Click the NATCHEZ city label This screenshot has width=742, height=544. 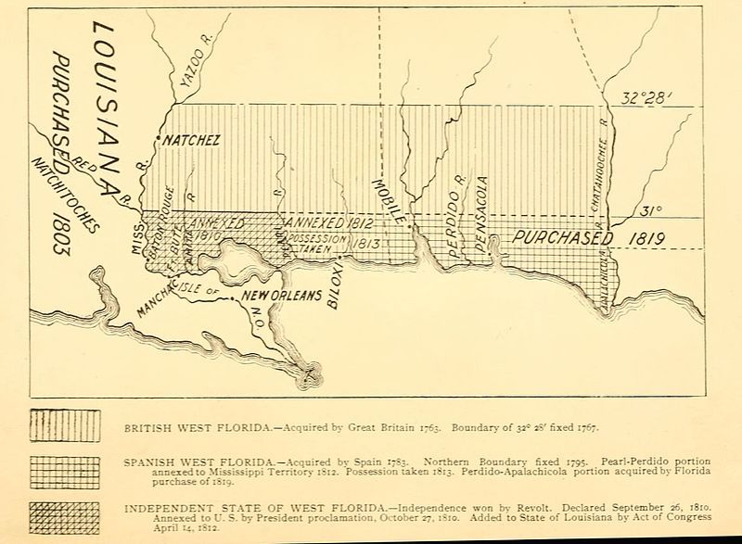(191, 143)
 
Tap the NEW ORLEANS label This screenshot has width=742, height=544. (282, 297)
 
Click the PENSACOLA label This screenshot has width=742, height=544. (480, 214)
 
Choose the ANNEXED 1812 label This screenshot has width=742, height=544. (319, 224)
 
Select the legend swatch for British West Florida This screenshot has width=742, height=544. (66, 427)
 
